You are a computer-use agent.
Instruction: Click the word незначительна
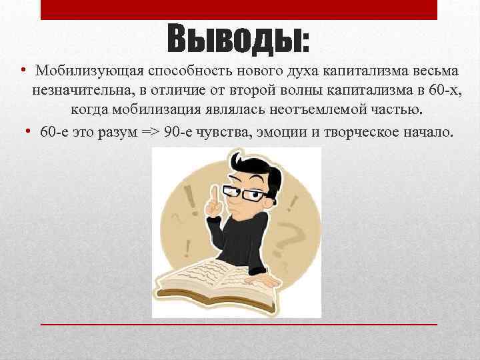[x=76, y=91]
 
